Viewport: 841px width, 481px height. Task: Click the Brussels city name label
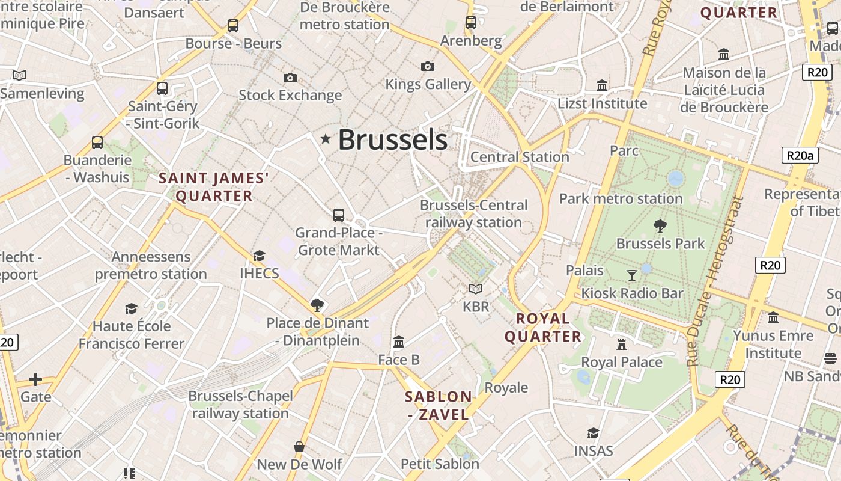392,139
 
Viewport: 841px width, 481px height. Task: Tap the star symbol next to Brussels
326,139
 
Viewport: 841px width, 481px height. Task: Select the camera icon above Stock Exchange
290,78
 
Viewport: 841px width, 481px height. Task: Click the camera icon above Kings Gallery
428,66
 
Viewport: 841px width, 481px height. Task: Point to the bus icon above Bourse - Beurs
233,26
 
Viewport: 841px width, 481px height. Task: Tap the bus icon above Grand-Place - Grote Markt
339,215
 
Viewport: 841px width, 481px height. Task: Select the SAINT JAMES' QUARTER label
214,187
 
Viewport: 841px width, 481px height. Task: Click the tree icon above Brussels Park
660,226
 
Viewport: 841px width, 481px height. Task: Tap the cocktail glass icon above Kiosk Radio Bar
631,275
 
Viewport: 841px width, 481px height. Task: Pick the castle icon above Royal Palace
622,345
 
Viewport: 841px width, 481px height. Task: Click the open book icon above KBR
476,289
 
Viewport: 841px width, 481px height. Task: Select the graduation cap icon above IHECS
259,256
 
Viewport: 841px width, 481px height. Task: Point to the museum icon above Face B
399,342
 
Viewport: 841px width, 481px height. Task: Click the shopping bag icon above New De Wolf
299,447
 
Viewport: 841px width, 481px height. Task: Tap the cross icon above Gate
35,379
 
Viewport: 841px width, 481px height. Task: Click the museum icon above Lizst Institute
602,86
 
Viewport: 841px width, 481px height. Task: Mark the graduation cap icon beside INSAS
593,434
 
